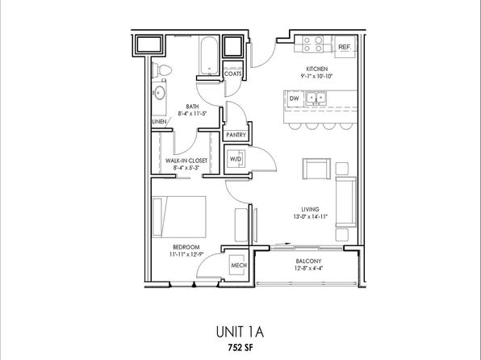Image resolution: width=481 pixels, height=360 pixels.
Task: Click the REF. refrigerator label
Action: pyautogui.click(x=344, y=47)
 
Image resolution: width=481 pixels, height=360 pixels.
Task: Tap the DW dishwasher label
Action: pyautogui.click(x=294, y=98)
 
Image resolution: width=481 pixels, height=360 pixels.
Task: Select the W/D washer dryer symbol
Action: pyautogui.click(x=236, y=159)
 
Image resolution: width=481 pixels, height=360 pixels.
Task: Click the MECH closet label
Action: pyautogui.click(x=239, y=266)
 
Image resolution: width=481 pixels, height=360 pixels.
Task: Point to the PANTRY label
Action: pyautogui.click(x=236, y=135)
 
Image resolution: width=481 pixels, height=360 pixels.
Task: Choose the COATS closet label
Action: pyautogui.click(x=232, y=74)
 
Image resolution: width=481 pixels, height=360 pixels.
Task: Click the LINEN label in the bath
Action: pyautogui.click(x=159, y=122)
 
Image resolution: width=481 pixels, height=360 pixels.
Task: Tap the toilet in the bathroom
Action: pyautogui.click(x=161, y=70)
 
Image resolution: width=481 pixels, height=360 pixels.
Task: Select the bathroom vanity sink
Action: pyautogui.click(x=159, y=93)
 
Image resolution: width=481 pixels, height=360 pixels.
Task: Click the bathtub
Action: pyautogui.click(x=209, y=56)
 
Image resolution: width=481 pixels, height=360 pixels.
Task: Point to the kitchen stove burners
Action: pyautogui.click(x=312, y=44)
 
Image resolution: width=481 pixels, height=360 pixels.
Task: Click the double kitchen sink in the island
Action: pyautogui.click(x=316, y=98)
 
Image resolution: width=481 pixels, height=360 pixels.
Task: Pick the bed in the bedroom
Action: pyautogui.click(x=179, y=217)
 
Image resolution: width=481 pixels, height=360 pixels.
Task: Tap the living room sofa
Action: pyautogui.click(x=345, y=202)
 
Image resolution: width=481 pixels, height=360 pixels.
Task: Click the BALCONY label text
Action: pyautogui.click(x=308, y=262)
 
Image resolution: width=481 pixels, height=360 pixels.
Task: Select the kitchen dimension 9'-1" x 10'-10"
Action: pyautogui.click(x=317, y=76)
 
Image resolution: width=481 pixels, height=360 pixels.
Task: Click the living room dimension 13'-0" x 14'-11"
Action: pyautogui.click(x=311, y=216)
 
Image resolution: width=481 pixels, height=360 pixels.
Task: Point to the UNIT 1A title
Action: pyautogui.click(x=240, y=332)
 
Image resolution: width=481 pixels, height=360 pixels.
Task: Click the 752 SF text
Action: pyautogui.click(x=240, y=348)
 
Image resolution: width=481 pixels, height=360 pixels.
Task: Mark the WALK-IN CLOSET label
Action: pyautogui.click(x=186, y=161)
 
